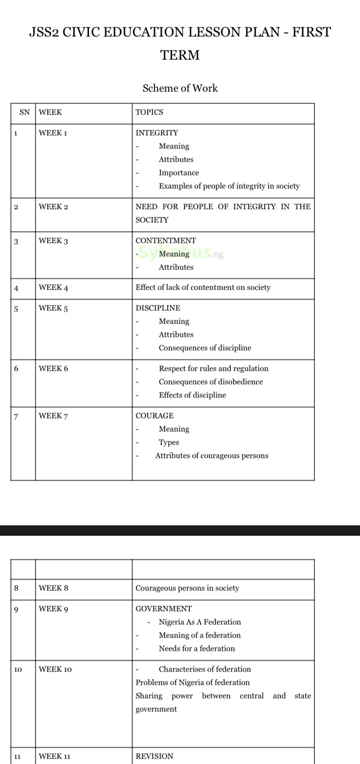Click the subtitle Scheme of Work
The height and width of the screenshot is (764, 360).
point(180,88)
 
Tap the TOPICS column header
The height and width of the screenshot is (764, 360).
point(149,112)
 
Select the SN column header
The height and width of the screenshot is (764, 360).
point(24,112)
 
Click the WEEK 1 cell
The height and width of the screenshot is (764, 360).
point(53,133)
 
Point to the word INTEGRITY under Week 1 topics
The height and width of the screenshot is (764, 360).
point(157,133)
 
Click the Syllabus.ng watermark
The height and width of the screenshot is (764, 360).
point(181,254)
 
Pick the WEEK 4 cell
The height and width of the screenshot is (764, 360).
point(53,288)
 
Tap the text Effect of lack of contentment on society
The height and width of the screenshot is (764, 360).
point(203,287)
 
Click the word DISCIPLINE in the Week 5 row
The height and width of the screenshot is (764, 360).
point(158,308)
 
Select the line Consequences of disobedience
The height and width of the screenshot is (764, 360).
point(210,382)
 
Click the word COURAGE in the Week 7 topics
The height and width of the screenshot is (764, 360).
point(154,416)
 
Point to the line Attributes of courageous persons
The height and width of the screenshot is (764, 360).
point(211,456)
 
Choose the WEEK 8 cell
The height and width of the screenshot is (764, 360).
point(53,588)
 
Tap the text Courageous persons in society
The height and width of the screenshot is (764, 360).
point(187,588)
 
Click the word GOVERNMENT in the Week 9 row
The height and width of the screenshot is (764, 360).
point(164,609)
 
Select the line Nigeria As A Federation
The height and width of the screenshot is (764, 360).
point(200,622)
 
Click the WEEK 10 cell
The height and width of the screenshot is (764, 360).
point(55,669)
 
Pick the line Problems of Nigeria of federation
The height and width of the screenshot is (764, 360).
point(193,682)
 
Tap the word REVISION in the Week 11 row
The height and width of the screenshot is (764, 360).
point(154,756)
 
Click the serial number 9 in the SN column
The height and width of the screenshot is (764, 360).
point(16,610)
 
